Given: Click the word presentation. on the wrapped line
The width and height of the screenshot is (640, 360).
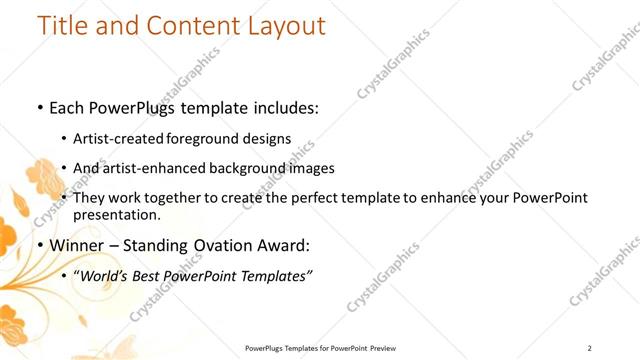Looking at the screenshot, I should (x=117, y=214).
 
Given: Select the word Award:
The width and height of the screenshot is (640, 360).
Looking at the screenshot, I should (x=281, y=245).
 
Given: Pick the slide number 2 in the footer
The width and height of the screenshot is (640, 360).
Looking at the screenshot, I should (x=590, y=347).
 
